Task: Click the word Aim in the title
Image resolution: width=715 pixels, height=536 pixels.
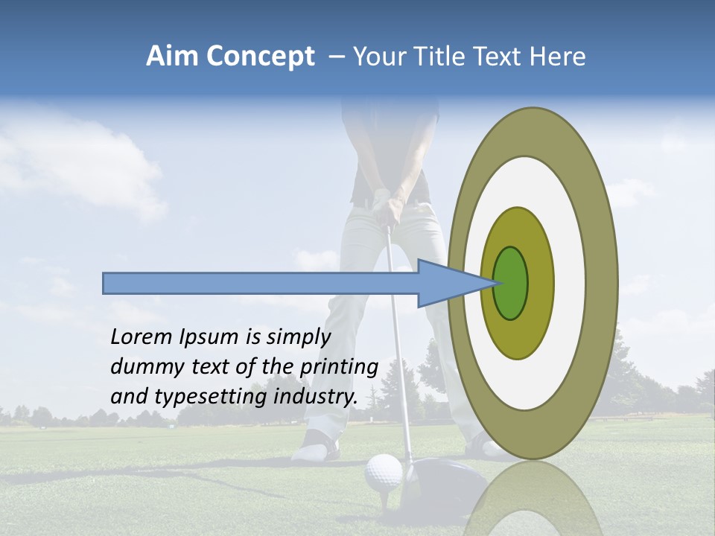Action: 173,57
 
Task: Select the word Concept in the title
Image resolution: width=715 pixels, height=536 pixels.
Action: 260,57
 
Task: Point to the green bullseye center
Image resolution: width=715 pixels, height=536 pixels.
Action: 510,283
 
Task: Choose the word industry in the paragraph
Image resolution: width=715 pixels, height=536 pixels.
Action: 316,397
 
